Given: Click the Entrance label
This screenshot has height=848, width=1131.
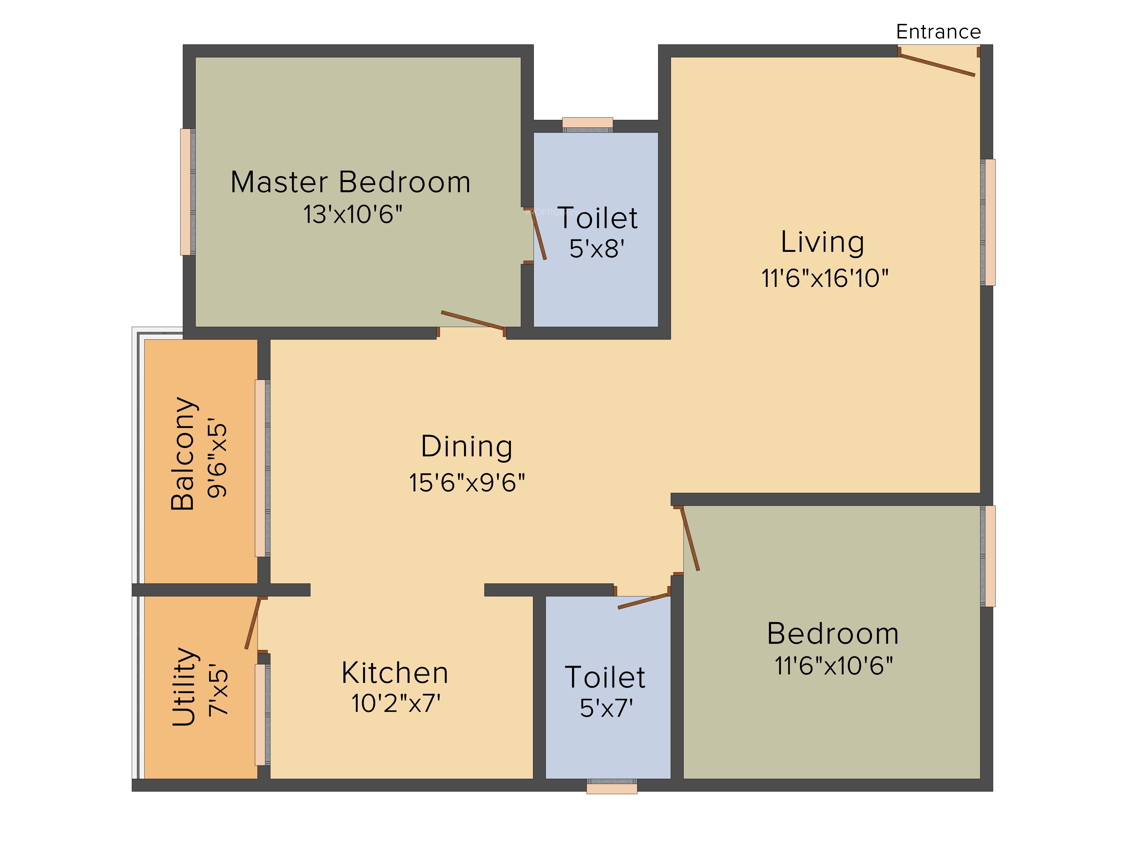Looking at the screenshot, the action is click(938, 32).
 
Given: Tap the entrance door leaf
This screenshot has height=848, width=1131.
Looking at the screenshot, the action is click(937, 65).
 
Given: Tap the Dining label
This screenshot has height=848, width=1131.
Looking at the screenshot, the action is click(466, 446).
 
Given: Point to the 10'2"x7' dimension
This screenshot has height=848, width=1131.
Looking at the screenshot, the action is click(396, 703).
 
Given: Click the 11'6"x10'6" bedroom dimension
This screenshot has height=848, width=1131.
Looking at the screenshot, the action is click(834, 666).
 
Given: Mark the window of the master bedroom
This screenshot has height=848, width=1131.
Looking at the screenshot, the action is click(187, 192).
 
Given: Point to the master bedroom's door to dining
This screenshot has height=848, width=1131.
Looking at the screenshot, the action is click(472, 320).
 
